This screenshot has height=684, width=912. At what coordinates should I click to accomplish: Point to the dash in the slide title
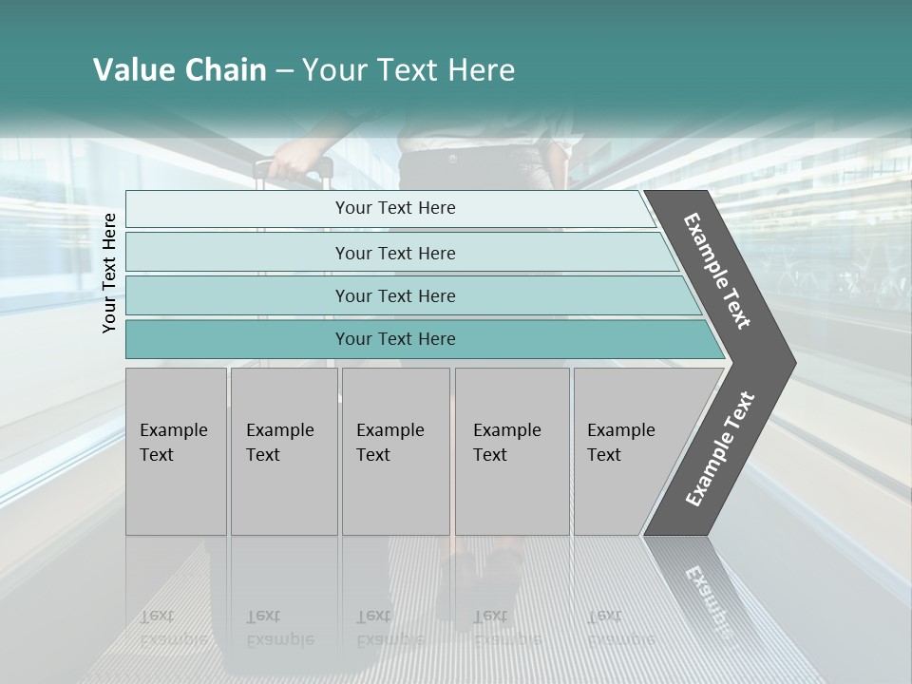[x=284, y=71]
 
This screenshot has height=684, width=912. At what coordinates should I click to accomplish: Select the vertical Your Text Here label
[x=109, y=273]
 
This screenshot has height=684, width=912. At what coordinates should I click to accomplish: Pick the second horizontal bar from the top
[x=395, y=253]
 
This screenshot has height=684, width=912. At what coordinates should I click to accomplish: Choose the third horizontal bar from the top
[x=395, y=295]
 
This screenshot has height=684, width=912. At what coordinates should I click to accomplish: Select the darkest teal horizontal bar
[x=395, y=339]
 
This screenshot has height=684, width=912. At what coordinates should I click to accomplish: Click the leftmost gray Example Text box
[x=176, y=451]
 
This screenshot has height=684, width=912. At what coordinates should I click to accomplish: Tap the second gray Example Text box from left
[x=283, y=451]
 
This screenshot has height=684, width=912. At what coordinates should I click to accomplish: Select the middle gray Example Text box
[x=395, y=451]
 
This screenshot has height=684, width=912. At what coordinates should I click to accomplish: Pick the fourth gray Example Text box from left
[x=512, y=451]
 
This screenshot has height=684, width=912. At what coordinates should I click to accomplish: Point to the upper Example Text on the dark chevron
[x=717, y=271]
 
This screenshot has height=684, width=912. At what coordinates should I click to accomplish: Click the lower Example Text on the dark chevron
[x=720, y=449]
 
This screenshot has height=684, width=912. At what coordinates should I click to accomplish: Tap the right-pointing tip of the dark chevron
[x=792, y=362]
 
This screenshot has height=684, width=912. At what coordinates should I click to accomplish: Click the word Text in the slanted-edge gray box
[x=604, y=455]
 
